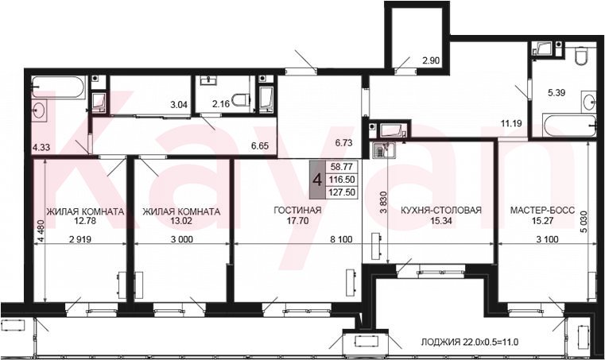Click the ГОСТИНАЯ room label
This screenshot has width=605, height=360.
297,211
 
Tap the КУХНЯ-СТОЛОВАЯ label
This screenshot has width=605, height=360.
441,211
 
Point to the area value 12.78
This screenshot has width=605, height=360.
85,221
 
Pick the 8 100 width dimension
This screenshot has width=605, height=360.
342,239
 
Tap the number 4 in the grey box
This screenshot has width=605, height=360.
318,180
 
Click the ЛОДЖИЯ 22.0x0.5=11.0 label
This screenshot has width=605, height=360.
469,342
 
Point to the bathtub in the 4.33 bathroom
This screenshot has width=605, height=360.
59,87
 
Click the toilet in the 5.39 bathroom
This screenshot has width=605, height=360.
580,56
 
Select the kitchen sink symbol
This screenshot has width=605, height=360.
383,149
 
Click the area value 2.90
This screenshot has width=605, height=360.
431,60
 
